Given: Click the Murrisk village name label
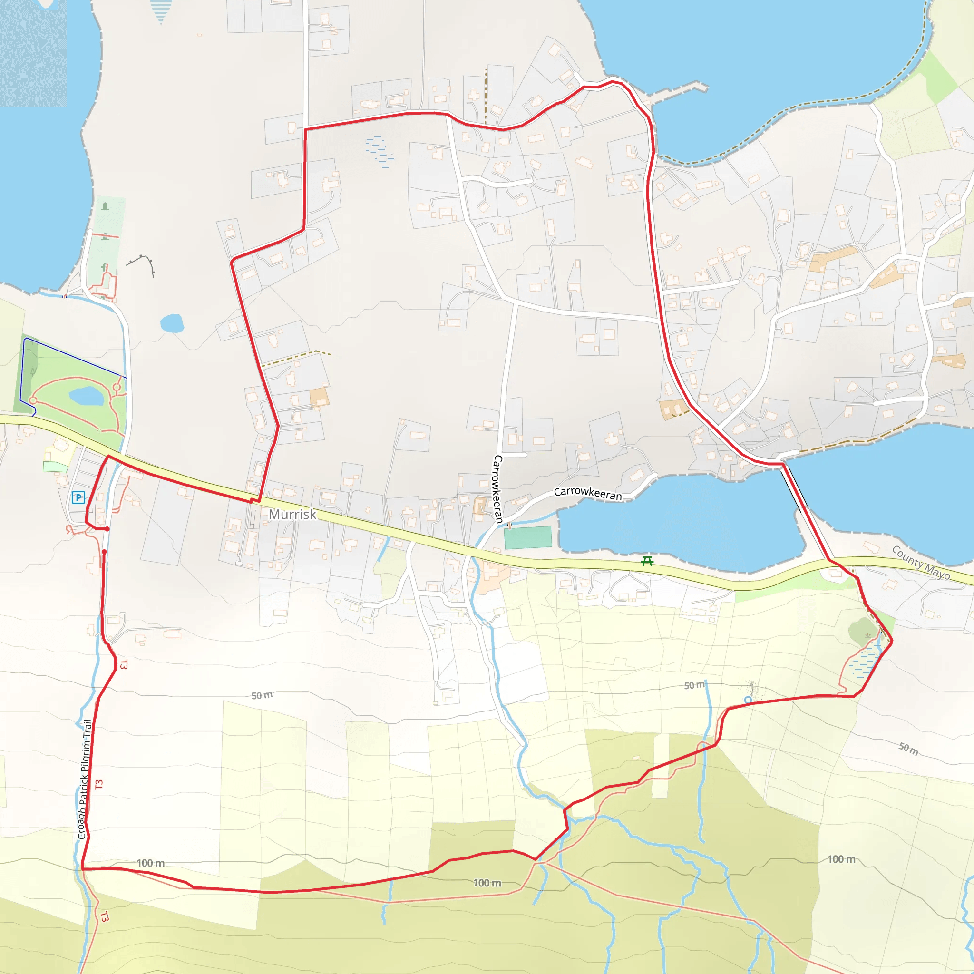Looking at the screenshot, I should [x=292, y=514].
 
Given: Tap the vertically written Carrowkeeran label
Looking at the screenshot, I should [x=497, y=488].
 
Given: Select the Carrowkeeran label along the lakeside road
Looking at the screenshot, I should [x=587, y=493].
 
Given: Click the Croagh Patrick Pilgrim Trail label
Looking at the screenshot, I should [x=85, y=779].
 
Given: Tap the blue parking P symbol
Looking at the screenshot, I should [x=78, y=497].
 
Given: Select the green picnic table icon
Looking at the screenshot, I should [x=647, y=561].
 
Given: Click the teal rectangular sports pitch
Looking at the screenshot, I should [x=528, y=537].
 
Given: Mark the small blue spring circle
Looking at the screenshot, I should [x=748, y=700].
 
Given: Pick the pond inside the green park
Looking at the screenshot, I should [x=86, y=396].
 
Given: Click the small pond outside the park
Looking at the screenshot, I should [x=172, y=323].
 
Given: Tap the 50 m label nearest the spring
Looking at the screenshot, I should [x=694, y=685].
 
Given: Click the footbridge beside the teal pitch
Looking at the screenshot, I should [x=509, y=525].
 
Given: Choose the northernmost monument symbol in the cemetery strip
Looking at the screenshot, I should [x=105, y=206].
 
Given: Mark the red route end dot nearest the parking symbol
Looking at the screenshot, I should [x=107, y=529].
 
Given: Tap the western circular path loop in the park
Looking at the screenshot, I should [x=33, y=400].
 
